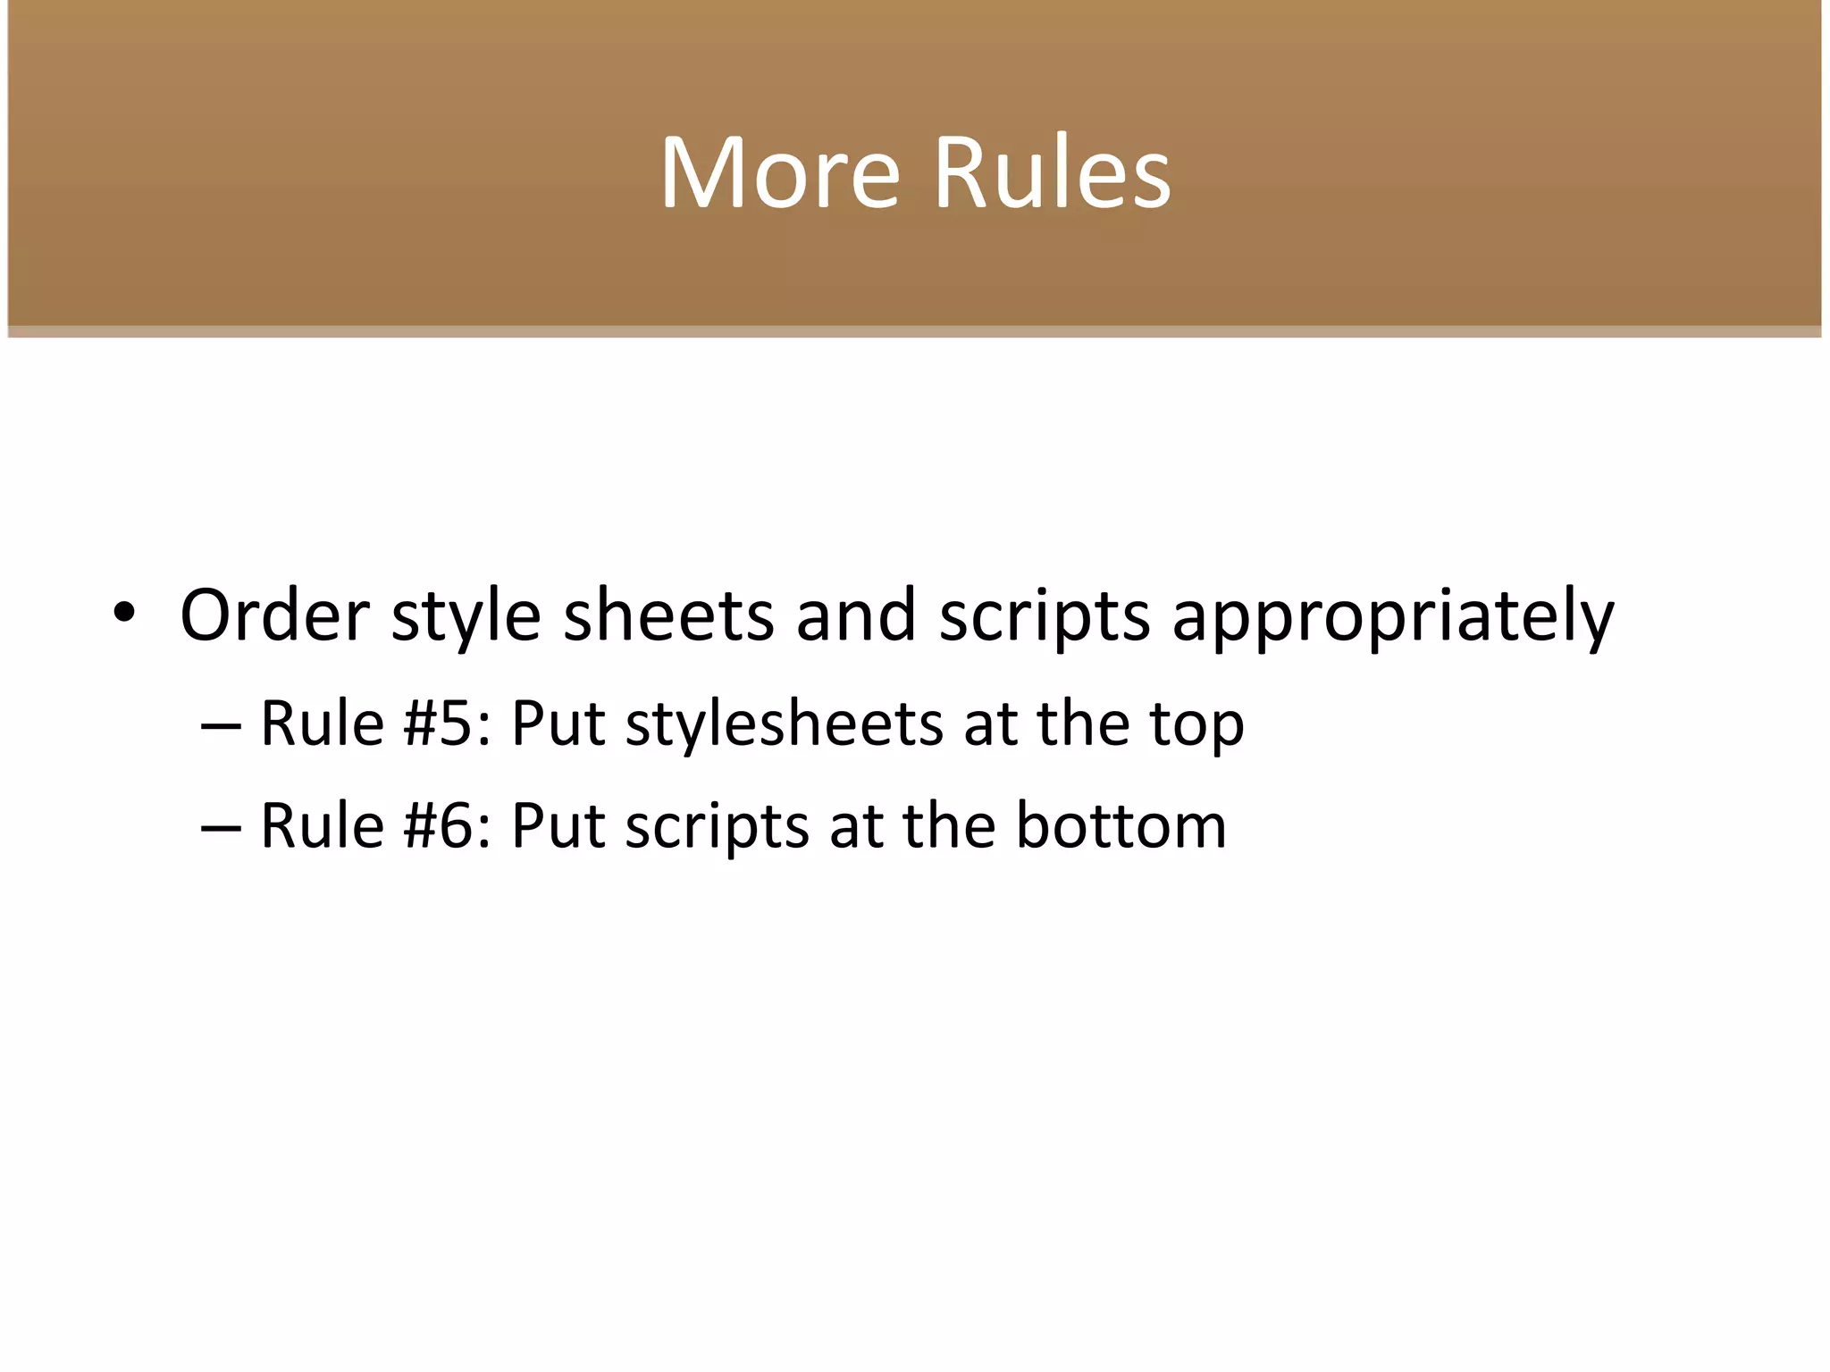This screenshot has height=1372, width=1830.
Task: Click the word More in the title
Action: pos(779,172)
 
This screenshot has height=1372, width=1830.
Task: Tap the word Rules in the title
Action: pos(1052,172)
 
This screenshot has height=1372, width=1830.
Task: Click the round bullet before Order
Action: pos(124,613)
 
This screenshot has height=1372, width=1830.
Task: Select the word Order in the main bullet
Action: pos(274,615)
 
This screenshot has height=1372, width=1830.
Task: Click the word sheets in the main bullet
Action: pos(668,615)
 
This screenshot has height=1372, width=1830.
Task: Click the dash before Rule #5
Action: pos(221,725)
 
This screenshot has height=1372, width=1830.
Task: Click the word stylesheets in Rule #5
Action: pos(784,724)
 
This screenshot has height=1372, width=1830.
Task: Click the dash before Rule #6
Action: pos(221,827)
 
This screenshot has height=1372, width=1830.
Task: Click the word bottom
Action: pos(1121,824)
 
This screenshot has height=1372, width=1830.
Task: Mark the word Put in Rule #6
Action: pos(558,824)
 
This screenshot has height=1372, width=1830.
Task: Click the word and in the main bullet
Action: pos(856,615)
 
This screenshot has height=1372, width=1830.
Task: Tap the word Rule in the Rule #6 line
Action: pos(322,824)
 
